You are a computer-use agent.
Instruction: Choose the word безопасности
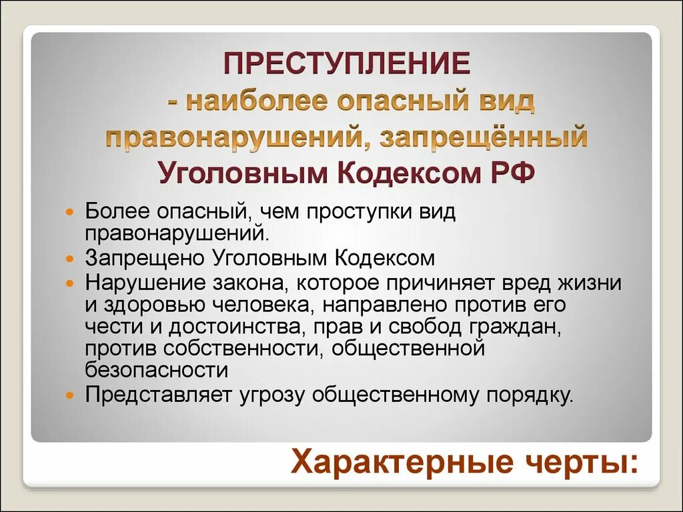pyautogui.click(x=157, y=370)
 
